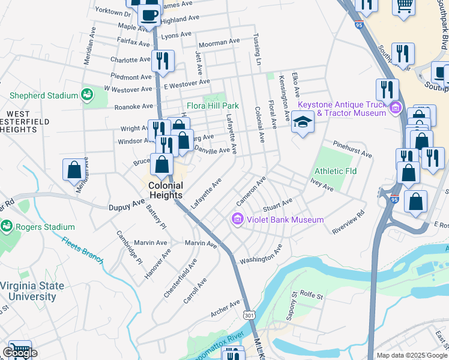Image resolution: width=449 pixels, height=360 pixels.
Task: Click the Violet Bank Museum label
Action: [x=285, y=220]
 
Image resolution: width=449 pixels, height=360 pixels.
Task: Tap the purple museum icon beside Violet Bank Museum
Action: [x=237, y=220]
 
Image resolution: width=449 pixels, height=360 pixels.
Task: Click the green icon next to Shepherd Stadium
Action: [x=87, y=95]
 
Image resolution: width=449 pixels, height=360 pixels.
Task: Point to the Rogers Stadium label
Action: [x=45, y=227]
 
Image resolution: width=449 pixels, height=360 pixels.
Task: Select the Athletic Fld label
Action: [x=336, y=171]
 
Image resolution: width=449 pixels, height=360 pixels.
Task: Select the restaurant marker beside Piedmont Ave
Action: [x=163, y=61]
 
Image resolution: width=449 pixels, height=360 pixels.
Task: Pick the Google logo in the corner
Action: [x=20, y=353]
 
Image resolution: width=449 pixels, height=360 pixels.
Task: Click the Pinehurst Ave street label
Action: [x=353, y=150]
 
